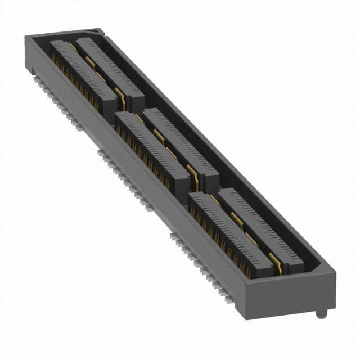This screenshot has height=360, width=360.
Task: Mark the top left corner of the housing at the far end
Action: click(x=26, y=37)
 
